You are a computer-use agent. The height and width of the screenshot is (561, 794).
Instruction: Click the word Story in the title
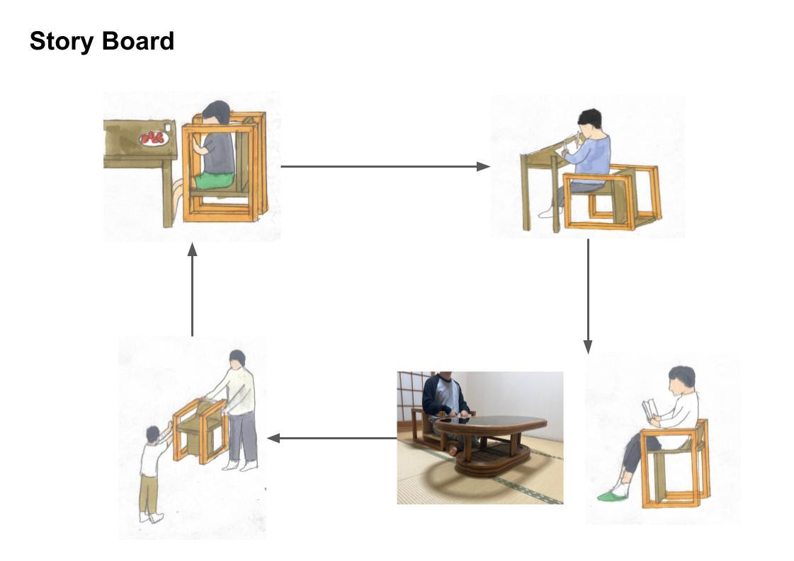[61, 42]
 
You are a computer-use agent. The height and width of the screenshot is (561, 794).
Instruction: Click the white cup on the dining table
[168, 128]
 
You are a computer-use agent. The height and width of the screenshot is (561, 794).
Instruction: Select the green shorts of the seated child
[215, 181]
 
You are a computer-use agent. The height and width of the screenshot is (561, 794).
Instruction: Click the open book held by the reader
[649, 410]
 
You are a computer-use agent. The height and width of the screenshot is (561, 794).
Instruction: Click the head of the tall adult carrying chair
[237, 359]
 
